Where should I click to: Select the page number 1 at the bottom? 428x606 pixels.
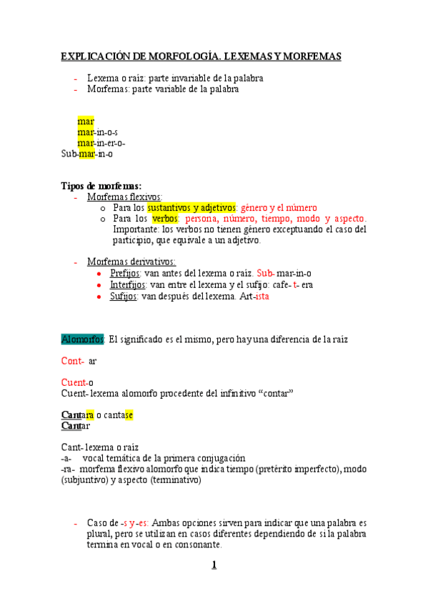(213, 566)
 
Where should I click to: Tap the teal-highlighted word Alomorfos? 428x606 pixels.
(83, 338)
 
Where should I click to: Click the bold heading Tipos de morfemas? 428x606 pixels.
(101, 186)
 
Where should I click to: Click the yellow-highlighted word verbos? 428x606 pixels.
(165, 219)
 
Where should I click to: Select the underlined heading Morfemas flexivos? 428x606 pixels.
(124, 197)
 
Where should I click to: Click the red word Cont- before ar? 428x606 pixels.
(73, 361)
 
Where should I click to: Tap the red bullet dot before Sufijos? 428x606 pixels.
(98, 296)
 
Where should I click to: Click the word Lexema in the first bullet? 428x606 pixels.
(101, 78)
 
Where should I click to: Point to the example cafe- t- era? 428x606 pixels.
(288, 284)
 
